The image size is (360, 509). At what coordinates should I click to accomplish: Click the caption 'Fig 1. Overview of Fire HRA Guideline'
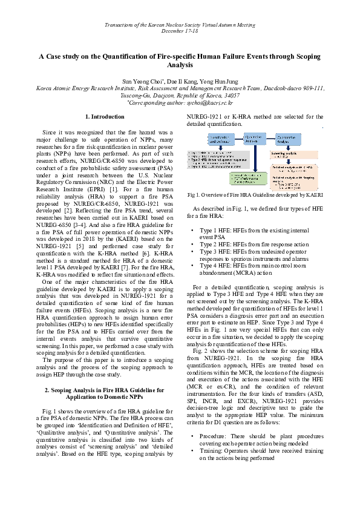(x=255, y=195)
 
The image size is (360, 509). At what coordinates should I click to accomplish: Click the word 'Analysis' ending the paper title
(x=180, y=64)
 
